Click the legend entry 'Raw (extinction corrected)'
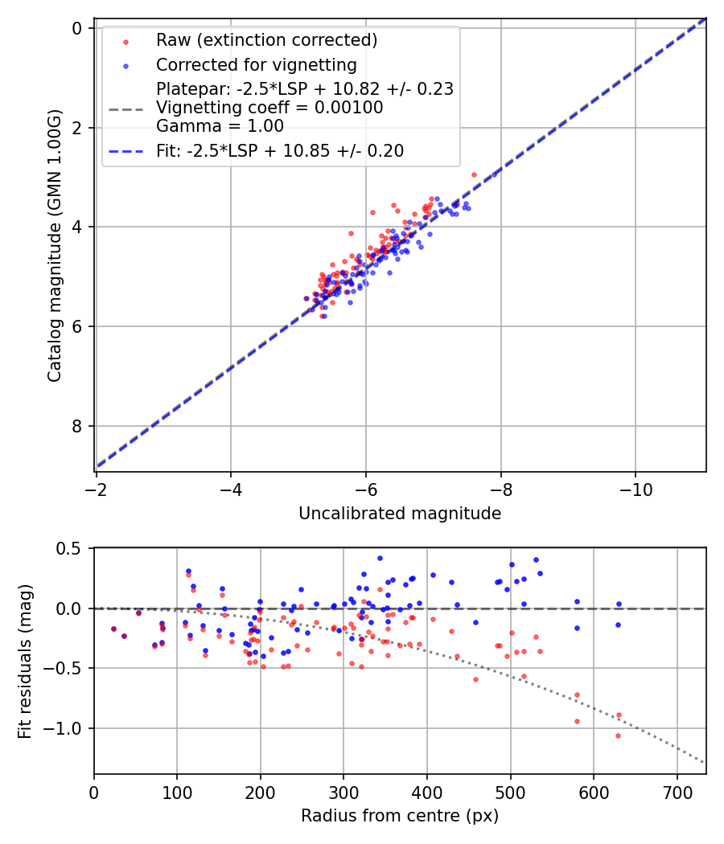266,40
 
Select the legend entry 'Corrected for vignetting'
256,64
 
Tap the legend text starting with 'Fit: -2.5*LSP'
280,150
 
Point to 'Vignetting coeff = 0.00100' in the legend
269,108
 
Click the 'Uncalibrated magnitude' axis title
400,514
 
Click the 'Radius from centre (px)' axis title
400,816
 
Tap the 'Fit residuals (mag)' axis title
25,661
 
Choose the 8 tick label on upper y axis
78,426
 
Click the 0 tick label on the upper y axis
78,28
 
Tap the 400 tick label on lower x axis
427,791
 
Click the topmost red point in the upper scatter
474,174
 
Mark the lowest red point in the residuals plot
618,735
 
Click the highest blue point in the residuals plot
380,558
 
